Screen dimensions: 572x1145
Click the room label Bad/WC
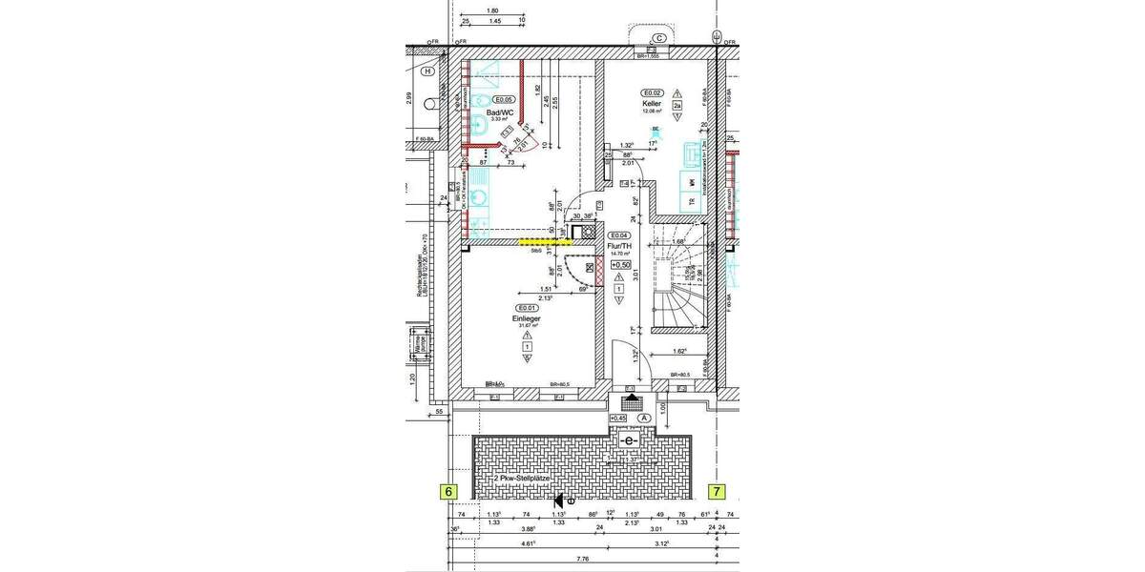pos(501,112)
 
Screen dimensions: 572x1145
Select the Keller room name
pos(652,103)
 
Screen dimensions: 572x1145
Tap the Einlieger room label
pos(526,318)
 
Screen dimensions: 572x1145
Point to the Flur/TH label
pos(621,245)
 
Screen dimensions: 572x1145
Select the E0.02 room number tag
pos(653,92)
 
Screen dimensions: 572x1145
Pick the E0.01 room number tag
pos(526,308)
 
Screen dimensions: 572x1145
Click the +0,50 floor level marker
pos(621,265)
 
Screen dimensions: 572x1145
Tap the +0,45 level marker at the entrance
pos(618,418)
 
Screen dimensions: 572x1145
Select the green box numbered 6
pos(447,492)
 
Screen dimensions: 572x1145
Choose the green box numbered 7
pos(716,492)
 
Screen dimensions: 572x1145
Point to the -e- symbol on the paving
pos(627,441)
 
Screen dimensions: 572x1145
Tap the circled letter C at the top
pos(657,39)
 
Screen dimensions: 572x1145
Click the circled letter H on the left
pos(428,71)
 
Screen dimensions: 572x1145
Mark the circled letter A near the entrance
pos(644,418)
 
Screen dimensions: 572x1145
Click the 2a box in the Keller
pos(677,106)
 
